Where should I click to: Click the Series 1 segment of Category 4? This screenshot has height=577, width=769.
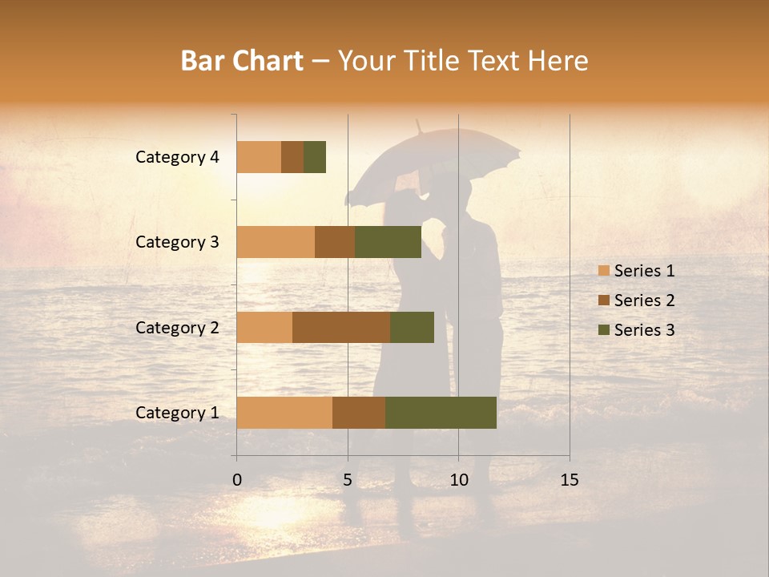click(259, 157)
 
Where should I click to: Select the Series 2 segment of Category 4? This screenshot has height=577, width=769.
click(292, 157)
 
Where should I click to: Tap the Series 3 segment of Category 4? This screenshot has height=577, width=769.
click(315, 157)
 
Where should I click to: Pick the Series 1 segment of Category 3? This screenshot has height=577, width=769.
click(276, 242)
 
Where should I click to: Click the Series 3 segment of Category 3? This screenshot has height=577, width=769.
click(388, 242)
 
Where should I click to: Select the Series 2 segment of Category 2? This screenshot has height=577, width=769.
click(341, 327)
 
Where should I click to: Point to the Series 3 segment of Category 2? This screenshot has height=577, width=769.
click(412, 327)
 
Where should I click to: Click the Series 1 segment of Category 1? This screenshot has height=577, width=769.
click(284, 413)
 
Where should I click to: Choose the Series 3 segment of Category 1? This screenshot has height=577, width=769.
click(441, 413)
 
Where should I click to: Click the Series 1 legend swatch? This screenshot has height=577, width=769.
click(603, 271)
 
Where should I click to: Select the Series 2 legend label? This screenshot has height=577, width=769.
click(644, 301)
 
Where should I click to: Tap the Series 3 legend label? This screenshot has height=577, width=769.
click(644, 330)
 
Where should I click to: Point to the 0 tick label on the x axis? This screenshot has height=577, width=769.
click(237, 480)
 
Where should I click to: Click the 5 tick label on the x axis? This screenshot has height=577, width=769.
click(348, 480)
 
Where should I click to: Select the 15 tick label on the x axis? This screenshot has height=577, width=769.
click(569, 480)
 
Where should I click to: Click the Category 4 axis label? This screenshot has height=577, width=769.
click(177, 157)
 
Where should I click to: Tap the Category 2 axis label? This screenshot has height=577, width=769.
click(177, 327)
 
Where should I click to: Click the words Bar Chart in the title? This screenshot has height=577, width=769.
click(242, 61)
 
